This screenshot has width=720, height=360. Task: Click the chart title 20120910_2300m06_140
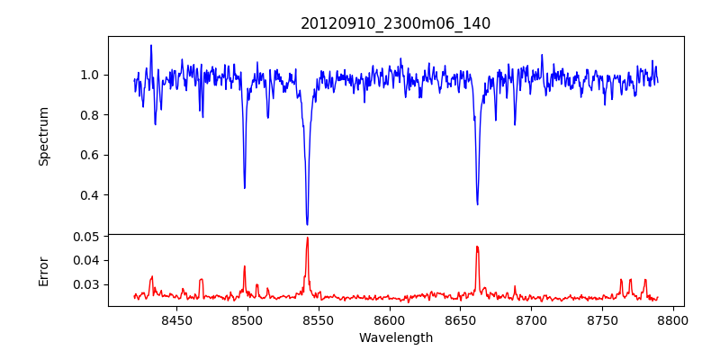tap(395, 23)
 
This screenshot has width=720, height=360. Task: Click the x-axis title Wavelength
tap(395, 337)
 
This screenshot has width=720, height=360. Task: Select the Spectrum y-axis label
tap(43, 136)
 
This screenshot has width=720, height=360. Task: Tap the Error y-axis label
tap(43, 270)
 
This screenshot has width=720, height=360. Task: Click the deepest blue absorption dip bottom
tap(307, 224)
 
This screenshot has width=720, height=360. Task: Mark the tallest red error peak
tap(307, 238)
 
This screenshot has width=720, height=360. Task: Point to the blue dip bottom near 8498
tap(245, 187)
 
